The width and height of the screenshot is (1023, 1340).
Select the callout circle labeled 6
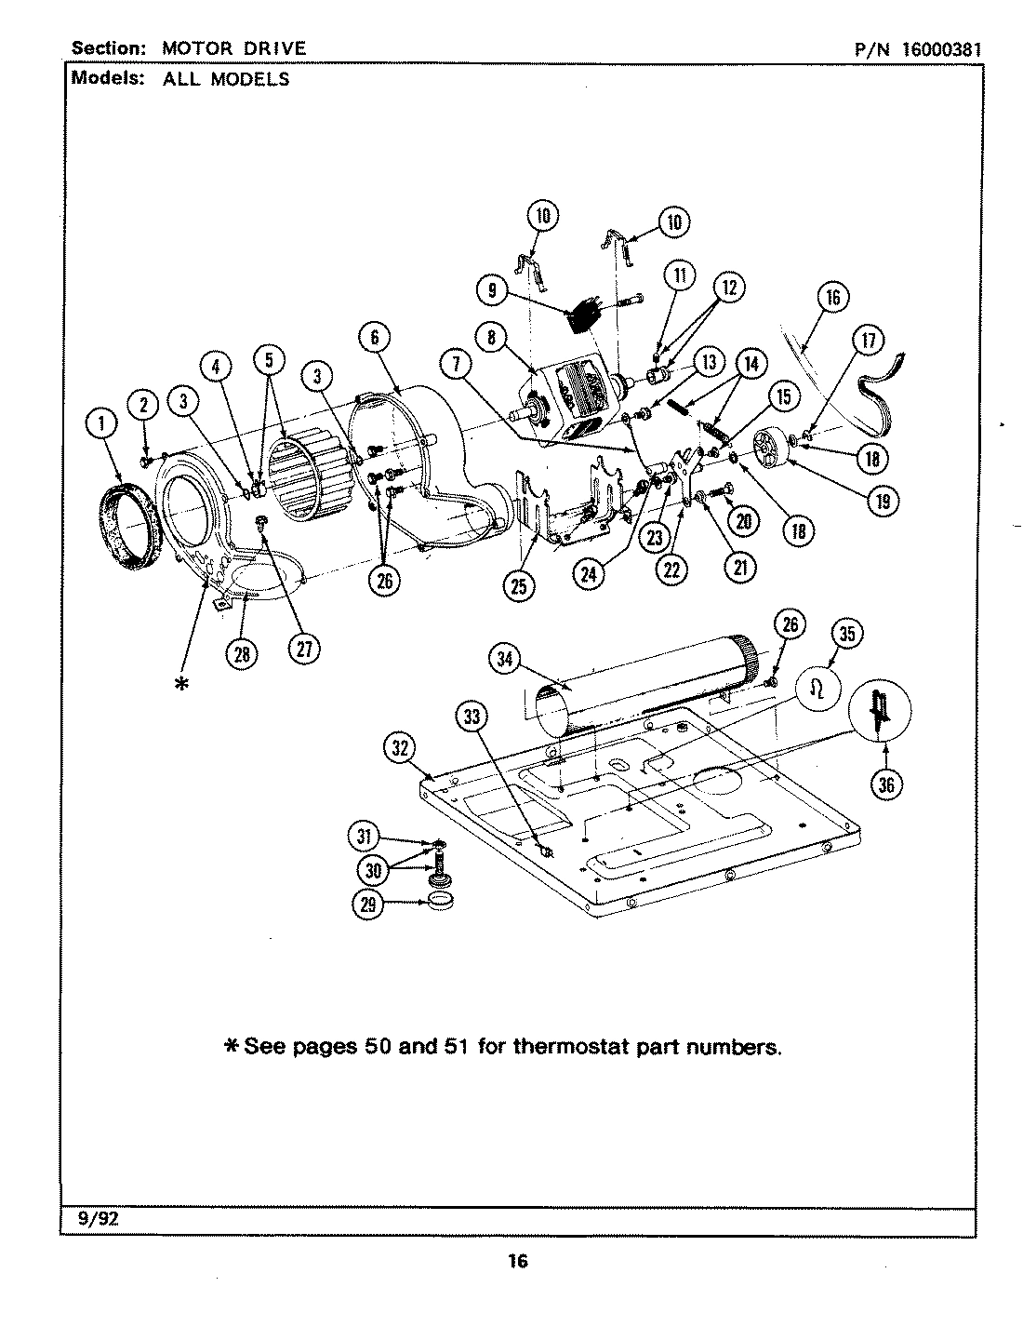pos(374,338)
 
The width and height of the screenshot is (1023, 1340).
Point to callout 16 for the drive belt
pos(832,297)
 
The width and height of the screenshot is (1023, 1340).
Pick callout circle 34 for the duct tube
pos(503,659)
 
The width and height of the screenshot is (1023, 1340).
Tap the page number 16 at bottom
pos(517,1262)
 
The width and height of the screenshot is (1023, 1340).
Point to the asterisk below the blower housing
pos(180,683)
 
